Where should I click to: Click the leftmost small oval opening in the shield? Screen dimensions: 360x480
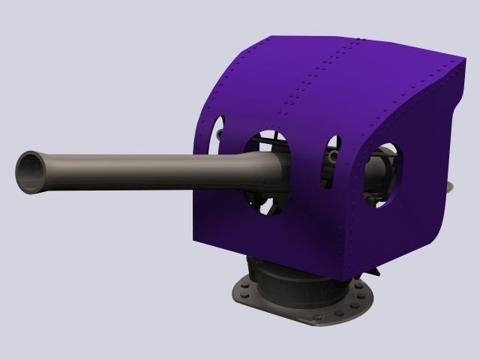click(x=216, y=129)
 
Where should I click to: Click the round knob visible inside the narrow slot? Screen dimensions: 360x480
click(x=331, y=157)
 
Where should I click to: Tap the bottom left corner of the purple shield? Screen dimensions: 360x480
click(x=196, y=241)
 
